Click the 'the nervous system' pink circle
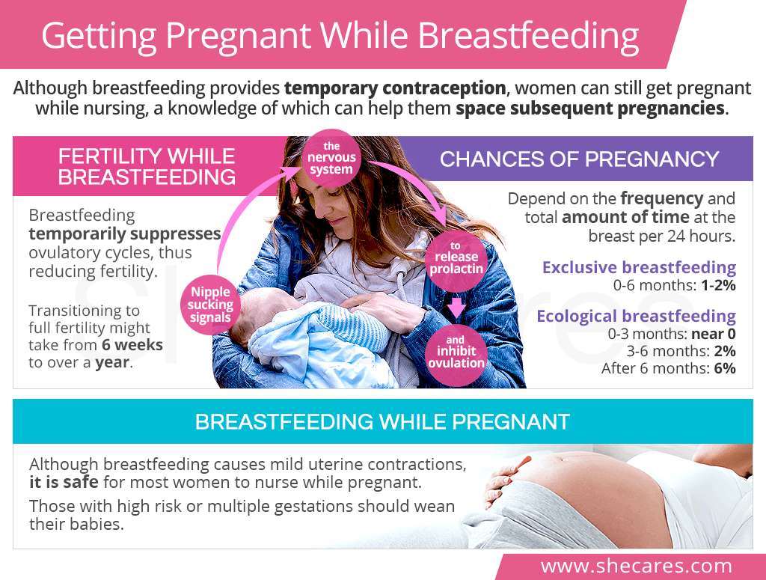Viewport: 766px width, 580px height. (331, 158)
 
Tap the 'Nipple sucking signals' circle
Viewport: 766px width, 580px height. (210, 305)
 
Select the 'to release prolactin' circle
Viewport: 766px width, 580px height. (456, 257)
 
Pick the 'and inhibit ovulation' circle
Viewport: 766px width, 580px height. (456, 352)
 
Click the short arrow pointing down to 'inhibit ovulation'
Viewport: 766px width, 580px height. (456, 307)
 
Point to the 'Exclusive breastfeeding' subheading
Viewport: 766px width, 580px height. (639, 268)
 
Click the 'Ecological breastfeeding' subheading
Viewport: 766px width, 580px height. (636, 316)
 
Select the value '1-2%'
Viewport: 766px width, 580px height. (718, 285)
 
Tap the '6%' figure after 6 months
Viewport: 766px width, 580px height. (725, 368)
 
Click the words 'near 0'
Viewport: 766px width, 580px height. (713, 335)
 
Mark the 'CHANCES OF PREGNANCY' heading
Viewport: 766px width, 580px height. (580, 159)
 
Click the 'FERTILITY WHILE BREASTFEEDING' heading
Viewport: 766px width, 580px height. (147, 167)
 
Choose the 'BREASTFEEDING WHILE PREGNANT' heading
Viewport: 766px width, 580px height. (382, 421)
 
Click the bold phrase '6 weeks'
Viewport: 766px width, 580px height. (132, 345)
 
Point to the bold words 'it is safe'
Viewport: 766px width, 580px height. (64, 482)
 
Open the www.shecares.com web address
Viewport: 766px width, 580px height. (637, 567)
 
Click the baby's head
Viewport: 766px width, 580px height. (264, 313)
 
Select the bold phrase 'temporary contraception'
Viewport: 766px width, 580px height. (395, 88)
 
